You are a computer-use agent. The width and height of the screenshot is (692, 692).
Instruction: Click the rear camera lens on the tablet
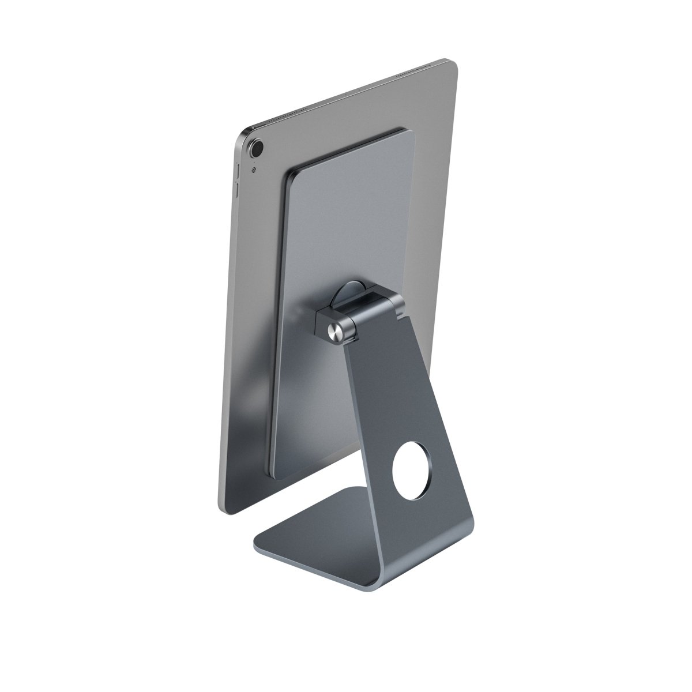pyautogui.click(x=256, y=148)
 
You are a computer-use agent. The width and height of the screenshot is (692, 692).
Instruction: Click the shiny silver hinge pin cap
pyautogui.click(x=334, y=330)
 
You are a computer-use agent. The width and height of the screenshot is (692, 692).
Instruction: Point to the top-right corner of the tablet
pyautogui.click(x=454, y=61)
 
